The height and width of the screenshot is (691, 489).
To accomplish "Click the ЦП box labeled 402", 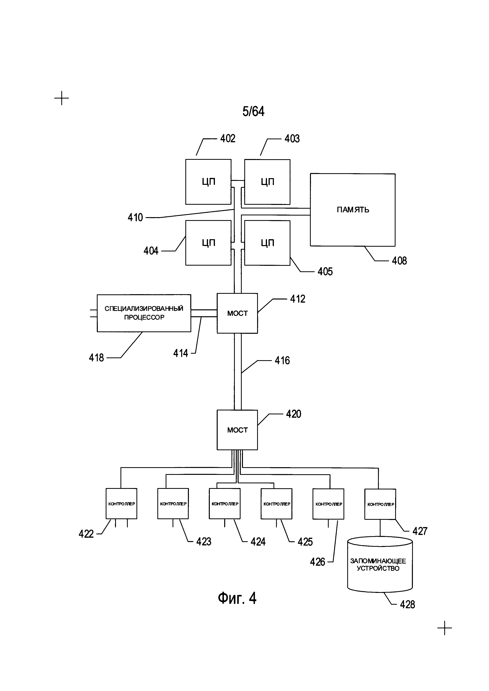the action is click(208, 182).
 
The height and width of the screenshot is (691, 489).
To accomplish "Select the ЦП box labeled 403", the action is click(267, 182).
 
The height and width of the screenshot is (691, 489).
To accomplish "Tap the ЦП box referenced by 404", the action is click(208, 243).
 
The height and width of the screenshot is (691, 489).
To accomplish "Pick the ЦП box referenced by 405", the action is click(267, 243).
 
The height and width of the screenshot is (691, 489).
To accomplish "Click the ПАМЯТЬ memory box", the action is click(353, 210).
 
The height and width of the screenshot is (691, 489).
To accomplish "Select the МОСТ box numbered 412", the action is click(237, 313).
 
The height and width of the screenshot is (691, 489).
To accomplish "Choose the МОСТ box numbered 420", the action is click(237, 430).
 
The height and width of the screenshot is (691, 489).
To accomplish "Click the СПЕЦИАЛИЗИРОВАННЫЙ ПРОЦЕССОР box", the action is click(144, 313).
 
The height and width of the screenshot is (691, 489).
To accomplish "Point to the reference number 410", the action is click(135, 217).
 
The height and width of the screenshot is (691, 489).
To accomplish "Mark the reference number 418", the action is click(96, 358).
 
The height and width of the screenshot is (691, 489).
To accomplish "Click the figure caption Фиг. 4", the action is click(237, 598).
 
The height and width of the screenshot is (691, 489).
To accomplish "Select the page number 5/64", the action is click(254, 111).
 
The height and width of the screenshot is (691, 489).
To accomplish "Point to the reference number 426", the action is click(318, 562).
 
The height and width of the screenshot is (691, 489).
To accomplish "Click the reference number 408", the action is click(399, 261).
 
